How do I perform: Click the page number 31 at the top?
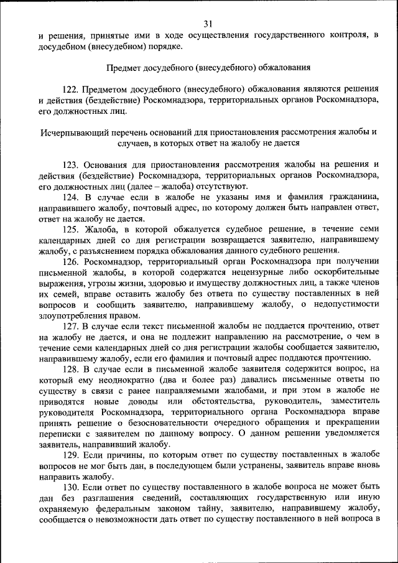208,24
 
